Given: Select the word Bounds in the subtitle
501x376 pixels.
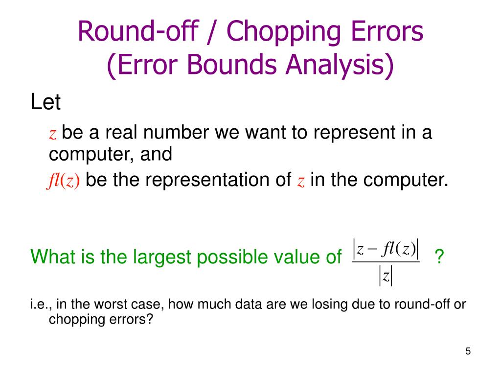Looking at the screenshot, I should (x=223, y=66).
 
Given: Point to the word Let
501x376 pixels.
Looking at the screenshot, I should (x=45, y=102).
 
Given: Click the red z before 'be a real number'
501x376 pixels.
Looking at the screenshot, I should (x=53, y=134).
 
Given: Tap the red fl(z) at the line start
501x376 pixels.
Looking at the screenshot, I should (x=64, y=181).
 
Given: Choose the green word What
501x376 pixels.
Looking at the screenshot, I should (x=51, y=256).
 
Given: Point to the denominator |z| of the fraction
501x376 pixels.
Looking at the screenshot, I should (x=386, y=277).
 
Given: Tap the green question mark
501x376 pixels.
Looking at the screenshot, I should (x=440, y=256).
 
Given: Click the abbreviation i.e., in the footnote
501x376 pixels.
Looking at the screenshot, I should (x=40, y=305).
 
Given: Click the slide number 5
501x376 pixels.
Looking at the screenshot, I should (x=468, y=351).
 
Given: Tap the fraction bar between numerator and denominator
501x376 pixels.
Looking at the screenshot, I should (x=386, y=262).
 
